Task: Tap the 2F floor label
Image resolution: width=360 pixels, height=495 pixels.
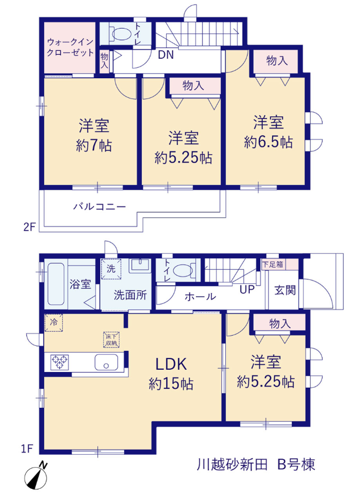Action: [29, 227]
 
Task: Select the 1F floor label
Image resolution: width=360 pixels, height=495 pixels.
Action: [27, 449]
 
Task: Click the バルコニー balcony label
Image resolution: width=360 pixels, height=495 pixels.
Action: [100, 207]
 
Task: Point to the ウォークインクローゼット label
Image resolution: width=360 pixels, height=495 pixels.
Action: [70, 47]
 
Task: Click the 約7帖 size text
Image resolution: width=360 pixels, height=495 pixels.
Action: [94, 146]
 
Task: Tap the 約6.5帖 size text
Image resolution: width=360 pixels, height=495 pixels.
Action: [268, 142]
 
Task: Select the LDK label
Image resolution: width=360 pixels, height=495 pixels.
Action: [171, 364]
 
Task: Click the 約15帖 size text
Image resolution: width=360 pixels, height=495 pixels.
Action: [171, 384]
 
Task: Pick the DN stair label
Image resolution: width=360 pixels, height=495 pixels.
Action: [166, 55]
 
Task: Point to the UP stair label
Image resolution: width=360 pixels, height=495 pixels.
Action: [247, 289]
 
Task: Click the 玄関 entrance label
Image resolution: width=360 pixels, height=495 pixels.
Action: [285, 290]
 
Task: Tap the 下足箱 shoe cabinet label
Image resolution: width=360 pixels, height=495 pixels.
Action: [273, 264]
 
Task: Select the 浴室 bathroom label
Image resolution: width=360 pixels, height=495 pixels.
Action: [80, 284]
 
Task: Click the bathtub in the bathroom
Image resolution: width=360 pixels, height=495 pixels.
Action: [56, 284]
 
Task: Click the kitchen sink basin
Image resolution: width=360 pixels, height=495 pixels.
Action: [106, 362]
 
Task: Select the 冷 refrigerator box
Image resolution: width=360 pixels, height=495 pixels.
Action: [54, 322]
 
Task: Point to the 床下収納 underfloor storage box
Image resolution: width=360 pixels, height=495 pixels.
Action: [111, 340]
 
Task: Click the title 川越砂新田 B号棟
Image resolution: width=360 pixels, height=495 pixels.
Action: [256, 465]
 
